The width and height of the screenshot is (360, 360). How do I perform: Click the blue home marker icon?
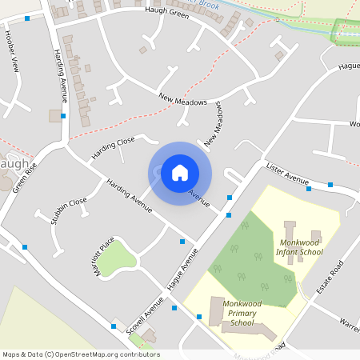click(x=179, y=173)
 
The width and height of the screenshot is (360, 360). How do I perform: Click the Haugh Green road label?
click(x=167, y=13)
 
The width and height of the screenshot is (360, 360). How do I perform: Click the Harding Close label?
click(x=113, y=147)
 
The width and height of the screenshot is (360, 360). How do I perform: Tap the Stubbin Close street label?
click(x=68, y=213)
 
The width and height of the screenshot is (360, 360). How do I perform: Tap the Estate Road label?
click(x=329, y=276)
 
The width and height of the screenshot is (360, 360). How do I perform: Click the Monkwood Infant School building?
click(x=290, y=231)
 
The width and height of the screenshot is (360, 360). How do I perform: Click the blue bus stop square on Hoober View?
click(x=27, y=18)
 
